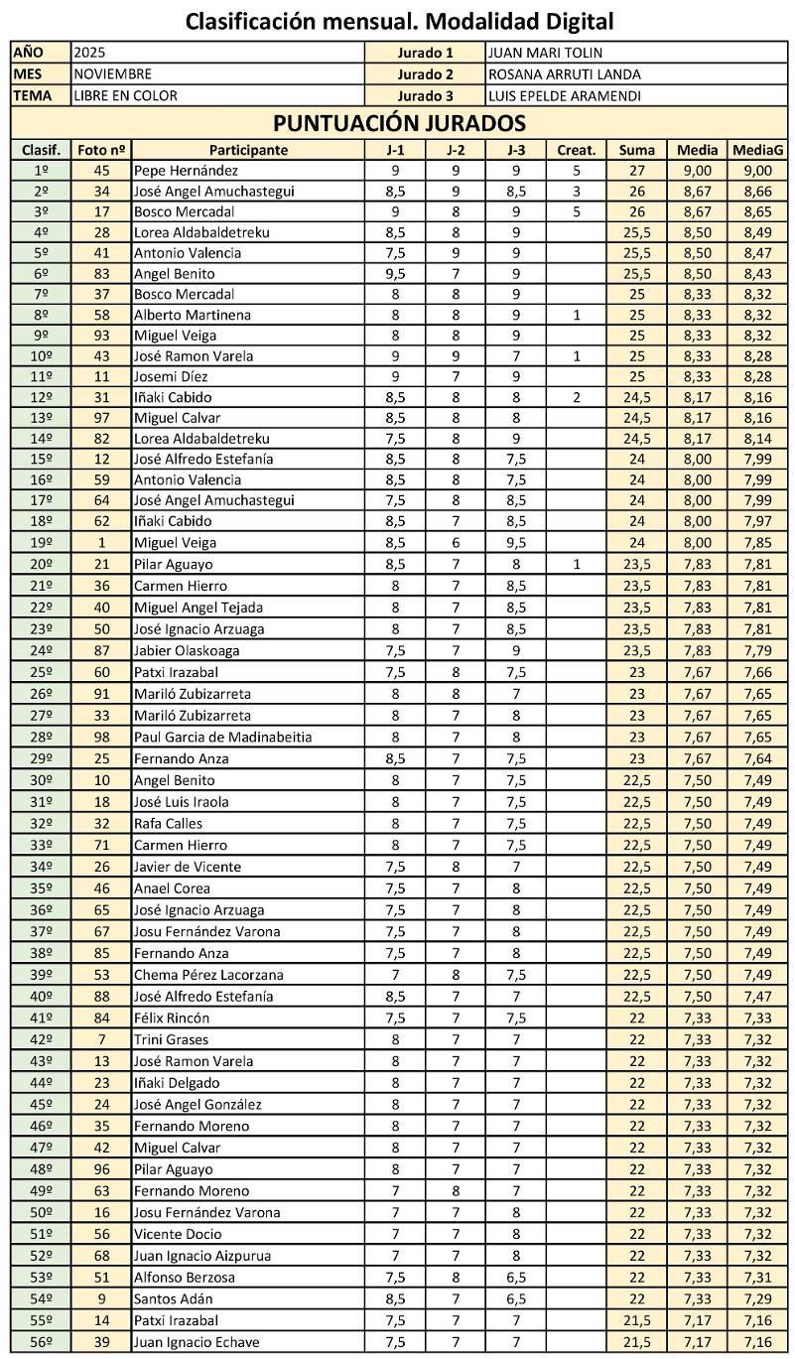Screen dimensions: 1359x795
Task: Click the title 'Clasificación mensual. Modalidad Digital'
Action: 399,20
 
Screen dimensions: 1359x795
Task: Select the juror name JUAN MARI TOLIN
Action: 545,53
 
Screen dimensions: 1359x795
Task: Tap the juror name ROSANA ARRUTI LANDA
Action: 564,73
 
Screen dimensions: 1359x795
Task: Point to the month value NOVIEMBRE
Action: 113,73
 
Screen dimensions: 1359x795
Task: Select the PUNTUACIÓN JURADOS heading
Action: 399,123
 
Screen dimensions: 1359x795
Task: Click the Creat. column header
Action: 576,150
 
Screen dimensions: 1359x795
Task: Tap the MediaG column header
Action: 758,150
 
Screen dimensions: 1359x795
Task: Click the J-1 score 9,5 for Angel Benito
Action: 395,273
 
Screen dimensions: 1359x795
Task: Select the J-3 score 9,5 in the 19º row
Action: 515,542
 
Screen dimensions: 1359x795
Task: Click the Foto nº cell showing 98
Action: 101,737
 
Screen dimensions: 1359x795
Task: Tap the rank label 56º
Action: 41,1342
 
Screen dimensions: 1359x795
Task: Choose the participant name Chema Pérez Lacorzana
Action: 208,975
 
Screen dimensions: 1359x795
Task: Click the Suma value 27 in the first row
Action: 636,171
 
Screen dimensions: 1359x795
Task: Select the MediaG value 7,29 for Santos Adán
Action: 758,1298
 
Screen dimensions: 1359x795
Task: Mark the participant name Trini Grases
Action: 172,1039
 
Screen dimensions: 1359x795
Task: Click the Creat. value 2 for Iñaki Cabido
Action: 576,397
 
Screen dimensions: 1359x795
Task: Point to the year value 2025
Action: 90,53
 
